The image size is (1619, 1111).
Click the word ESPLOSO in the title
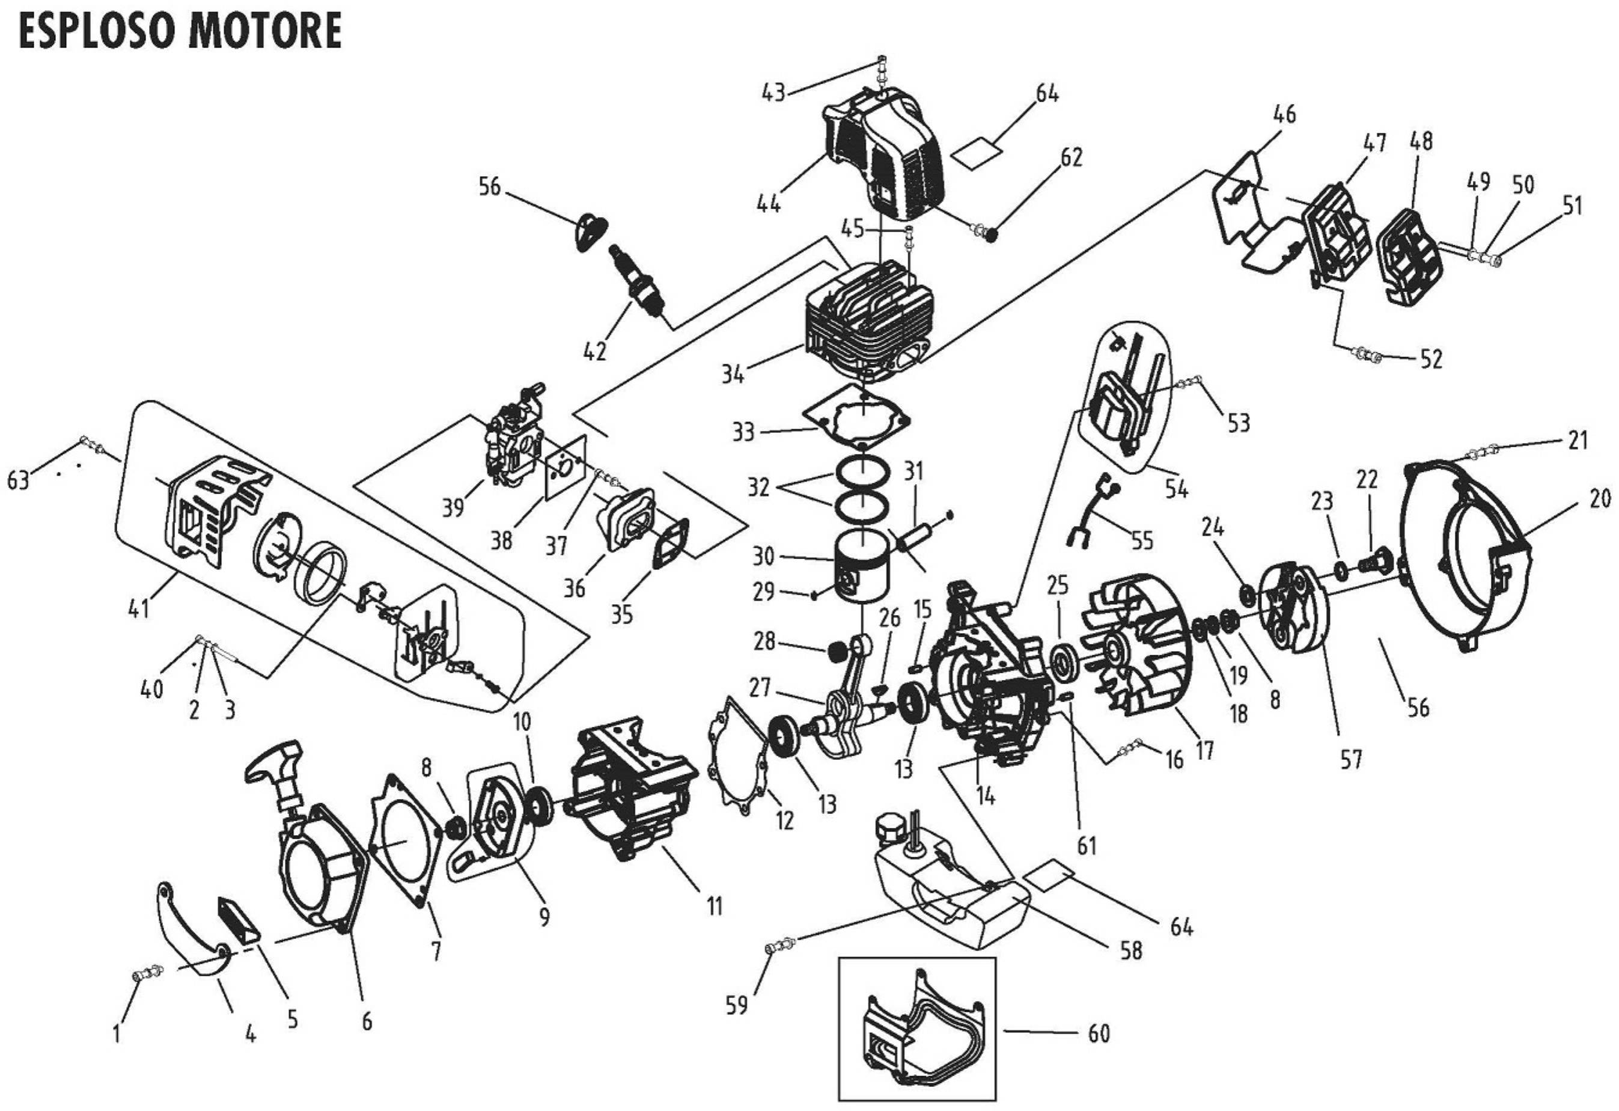point(88,31)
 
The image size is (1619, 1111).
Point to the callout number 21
point(1578,440)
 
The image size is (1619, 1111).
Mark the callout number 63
point(19,480)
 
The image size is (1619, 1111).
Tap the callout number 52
point(1431,359)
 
